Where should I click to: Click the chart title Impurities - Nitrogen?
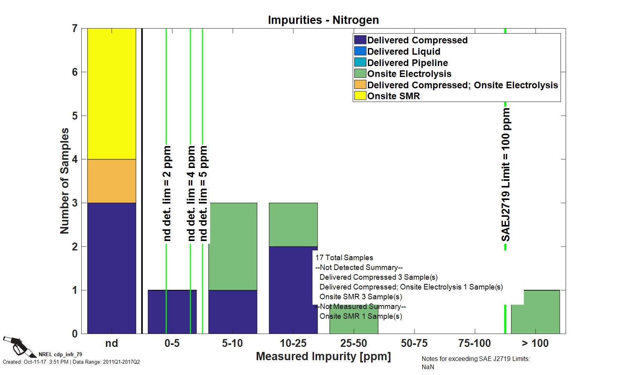point(323,20)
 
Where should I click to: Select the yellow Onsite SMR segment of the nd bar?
point(111,94)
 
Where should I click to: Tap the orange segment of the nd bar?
point(111,181)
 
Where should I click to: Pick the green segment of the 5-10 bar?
point(232,246)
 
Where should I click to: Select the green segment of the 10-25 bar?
point(293,225)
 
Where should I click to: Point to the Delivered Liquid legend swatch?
point(360,51)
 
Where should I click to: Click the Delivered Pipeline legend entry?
point(407,62)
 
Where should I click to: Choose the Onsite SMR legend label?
point(393,96)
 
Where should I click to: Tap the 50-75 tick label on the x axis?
point(414,343)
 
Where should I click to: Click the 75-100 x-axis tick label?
point(475,343)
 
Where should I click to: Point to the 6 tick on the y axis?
point(75,72)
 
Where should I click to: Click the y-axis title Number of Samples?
point(64,181)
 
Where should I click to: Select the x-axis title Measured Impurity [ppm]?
point(323,356)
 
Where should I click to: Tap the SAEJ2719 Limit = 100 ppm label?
point(506,175)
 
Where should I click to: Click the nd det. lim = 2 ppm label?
point(167,193)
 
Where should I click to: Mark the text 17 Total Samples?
point(344,258)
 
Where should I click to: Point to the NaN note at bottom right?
point(428,367)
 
